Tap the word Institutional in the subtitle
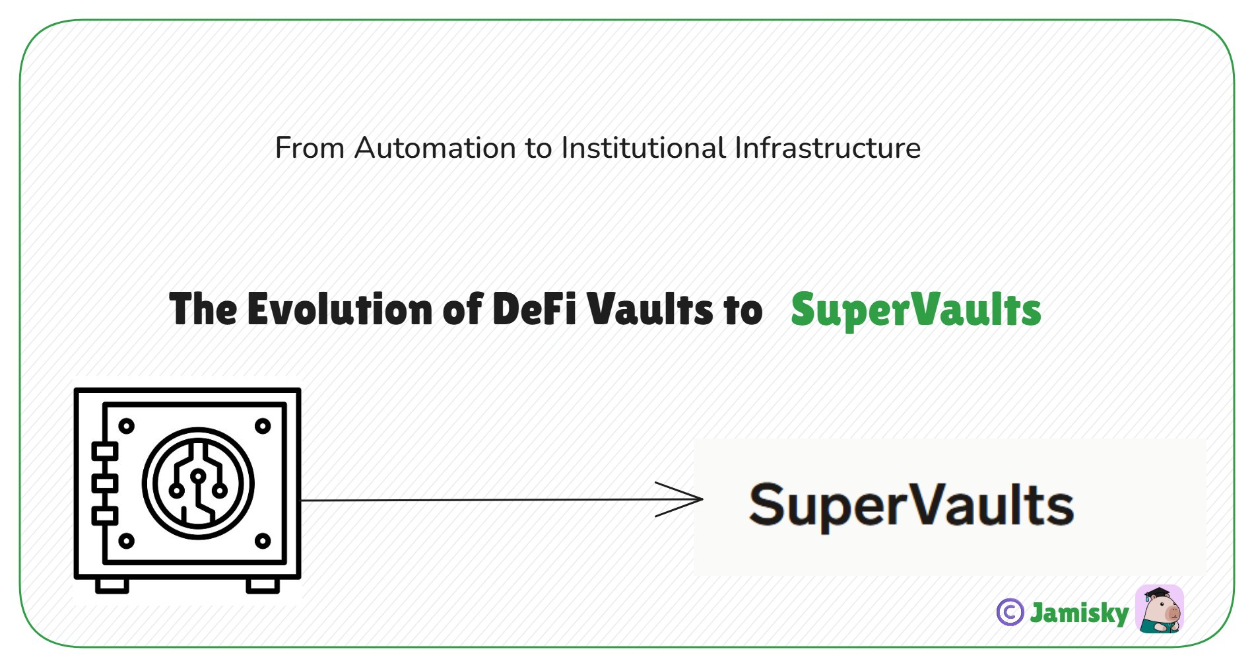(x=643, y=147)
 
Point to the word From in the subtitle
(x=308, y=147)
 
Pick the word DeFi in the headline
(x=535, y=308)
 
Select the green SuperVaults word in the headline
(x=915, y=310)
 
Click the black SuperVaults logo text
(x=911, y=506)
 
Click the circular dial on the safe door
(x=198, y=483)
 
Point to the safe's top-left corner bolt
(x=126, y=426)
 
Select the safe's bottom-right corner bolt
(x=263, y=541)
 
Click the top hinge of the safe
(x=104, y=452)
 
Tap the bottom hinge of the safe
(x=104, y=515)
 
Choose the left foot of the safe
(x=112, y=585)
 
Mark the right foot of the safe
(x=263, y=585)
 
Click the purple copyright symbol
(x=1010, y=612)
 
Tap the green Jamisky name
(x=1079, y=613)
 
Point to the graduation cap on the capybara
(x=1157, y=592)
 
